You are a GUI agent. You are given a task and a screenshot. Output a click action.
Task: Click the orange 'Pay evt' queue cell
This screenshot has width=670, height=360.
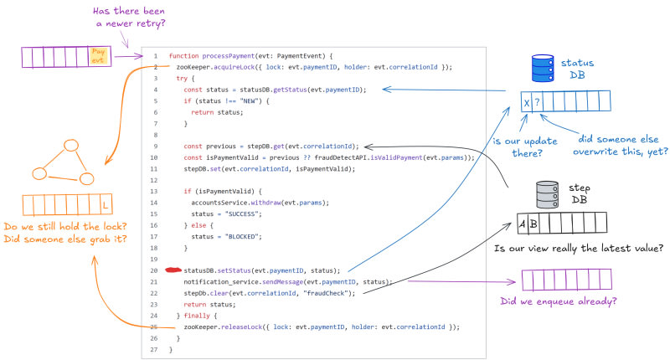point(98,56)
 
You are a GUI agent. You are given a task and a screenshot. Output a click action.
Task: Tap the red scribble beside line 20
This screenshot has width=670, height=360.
point(173,270)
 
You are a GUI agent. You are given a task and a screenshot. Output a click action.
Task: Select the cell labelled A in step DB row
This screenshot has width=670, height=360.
point(522,224)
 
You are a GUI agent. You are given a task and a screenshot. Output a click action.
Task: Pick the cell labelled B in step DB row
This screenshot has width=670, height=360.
point(533,224)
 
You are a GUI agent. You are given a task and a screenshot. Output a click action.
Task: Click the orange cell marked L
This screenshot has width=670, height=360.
point(105,204)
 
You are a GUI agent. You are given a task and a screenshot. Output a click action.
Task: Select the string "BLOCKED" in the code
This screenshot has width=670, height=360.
point(226,237)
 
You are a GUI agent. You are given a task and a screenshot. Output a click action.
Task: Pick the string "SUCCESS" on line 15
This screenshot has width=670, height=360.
point(227,214)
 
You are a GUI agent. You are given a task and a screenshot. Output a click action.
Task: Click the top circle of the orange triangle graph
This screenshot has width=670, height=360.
point(70,146)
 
